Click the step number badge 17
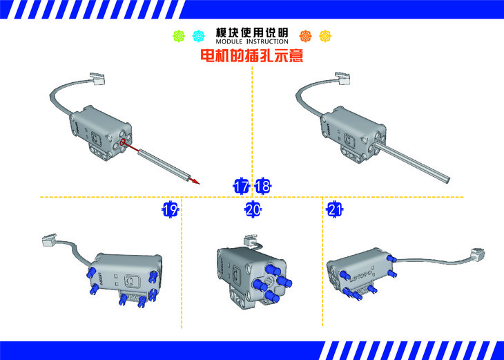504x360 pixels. point(241,186)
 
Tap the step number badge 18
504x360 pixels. point(262,186)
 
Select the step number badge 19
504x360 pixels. point(170,210)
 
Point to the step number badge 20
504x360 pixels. point(253,210)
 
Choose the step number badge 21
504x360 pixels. point(335,210)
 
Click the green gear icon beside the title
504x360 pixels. point(179,36)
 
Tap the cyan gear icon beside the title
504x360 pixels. point(198,36)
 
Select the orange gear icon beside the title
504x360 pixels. point(305,36)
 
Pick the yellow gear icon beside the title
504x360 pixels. point(325,36)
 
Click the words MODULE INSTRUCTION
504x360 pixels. point(252,41)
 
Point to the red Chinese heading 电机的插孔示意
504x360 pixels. point(252,55)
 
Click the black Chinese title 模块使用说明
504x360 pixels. point(252,32)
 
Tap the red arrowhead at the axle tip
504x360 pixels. point(195,182)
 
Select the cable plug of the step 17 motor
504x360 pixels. point(97,79)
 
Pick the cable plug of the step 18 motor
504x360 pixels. point(342,78)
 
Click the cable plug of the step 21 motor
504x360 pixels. point(479,255)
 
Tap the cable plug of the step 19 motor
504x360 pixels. point(50,240)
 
